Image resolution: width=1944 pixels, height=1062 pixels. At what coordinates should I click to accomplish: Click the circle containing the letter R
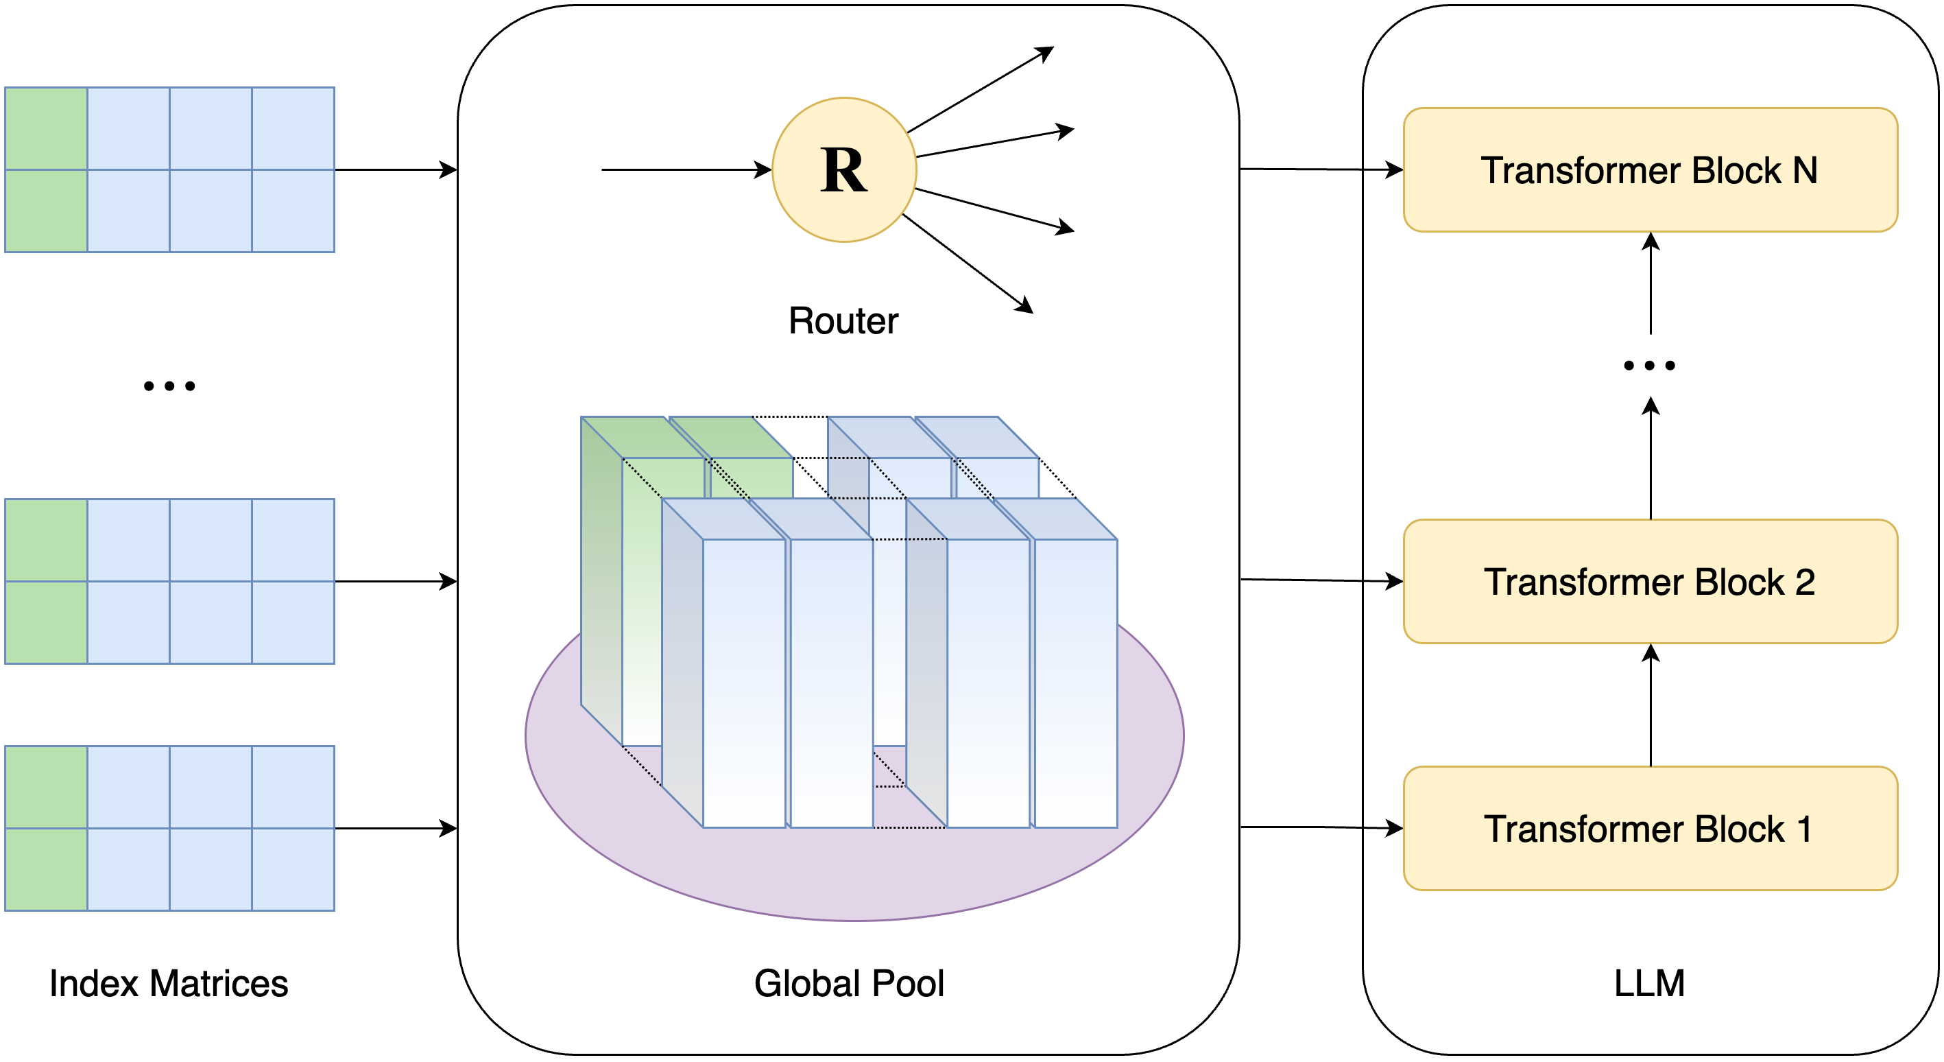(x=843, y=170)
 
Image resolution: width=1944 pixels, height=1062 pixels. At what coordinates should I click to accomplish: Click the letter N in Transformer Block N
(x=1804, y=171)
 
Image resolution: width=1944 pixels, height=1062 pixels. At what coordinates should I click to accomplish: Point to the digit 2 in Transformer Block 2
(x=1804, y=582)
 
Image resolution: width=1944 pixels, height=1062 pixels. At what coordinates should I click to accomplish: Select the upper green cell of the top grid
(x=46, y=128)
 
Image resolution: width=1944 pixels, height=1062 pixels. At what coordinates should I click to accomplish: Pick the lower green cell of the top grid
(x=46, y=211)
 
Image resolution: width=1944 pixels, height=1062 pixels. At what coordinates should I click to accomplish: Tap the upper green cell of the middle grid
(x=46, y=541)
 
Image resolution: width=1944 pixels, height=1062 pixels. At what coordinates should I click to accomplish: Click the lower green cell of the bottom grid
(x=46, y=869)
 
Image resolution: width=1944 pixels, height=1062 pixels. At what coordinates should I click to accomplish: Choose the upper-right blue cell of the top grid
(x=293, y=128)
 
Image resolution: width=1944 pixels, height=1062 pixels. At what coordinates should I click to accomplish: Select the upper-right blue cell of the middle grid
(x=293, y=541)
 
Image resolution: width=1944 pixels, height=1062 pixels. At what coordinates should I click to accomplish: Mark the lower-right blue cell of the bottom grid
(x=293, y=869)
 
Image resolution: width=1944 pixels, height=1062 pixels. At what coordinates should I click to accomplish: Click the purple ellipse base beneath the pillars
(x=853, y=875)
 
